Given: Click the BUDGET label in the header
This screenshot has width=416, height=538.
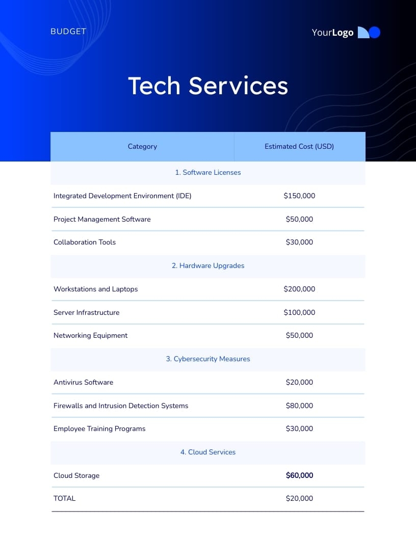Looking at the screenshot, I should coord(68,32).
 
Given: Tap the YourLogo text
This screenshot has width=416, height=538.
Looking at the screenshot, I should coord(332,33).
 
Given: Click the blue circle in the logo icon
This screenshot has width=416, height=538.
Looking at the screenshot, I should coord(375,33).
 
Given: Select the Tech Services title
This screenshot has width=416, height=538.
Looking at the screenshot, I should coord(208,86).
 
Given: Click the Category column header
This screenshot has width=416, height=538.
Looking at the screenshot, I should coord(142,147).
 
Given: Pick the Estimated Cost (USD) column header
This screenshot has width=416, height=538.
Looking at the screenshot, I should coord(299,147).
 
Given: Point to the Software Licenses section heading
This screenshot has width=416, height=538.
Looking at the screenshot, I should coord(208,173).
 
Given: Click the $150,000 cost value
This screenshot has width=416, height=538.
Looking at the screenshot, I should coord(299,196).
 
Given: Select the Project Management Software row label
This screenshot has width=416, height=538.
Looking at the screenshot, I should coord(102,219).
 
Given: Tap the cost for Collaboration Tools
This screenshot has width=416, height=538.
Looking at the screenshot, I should coord(299,243).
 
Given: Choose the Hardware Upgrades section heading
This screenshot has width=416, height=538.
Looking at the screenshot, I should coord(208,266).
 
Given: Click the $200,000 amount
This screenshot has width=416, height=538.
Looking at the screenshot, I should coord(299,289).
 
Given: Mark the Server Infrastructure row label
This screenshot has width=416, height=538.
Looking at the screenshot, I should coord(87,313).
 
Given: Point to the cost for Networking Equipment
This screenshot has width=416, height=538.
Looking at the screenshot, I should coord(299,336).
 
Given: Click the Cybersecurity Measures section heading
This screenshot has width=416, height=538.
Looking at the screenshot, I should coord(208,359).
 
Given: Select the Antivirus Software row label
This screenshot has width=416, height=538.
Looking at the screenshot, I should coord(84,383).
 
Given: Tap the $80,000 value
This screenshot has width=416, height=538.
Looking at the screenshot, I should coord(299,406).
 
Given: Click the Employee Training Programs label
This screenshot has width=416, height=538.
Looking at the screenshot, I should coord(99,429).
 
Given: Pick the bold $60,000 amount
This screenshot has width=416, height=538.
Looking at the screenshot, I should coord(299,476).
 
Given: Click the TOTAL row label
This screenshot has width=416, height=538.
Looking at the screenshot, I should coord(65,499).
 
